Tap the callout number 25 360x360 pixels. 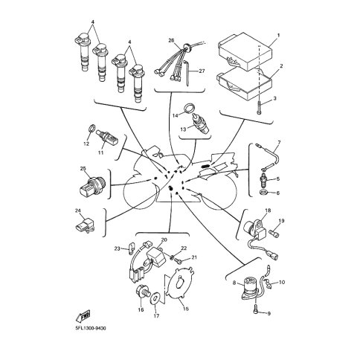point(83,169)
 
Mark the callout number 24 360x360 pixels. point(78,211)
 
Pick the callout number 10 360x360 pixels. point(282,283)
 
